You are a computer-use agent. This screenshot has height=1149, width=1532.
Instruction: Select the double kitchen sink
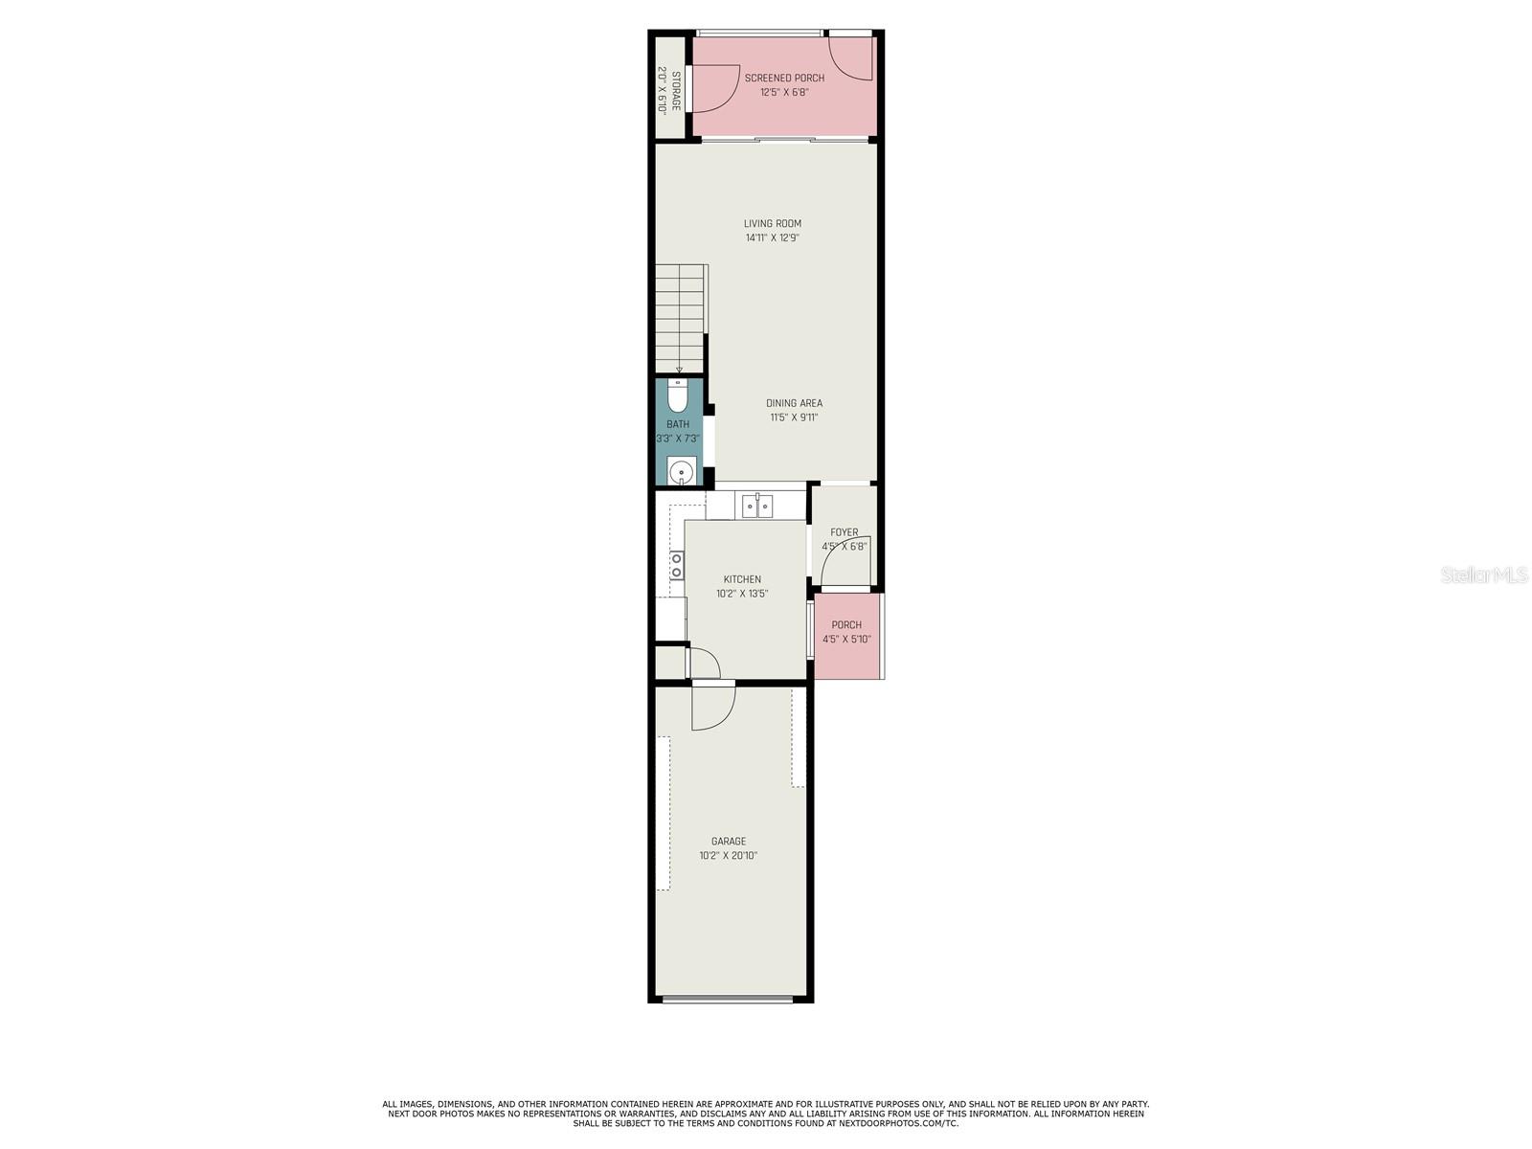(x=756, y=505)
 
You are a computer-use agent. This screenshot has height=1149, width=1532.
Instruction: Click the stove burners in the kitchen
(x=676, y=564)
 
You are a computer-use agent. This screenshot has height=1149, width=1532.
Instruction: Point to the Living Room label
(x=772, y=223)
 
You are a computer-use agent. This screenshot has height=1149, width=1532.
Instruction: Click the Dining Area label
(x=794, y=402)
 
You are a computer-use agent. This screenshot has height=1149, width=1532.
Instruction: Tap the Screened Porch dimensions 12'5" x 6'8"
(x=784, y=91)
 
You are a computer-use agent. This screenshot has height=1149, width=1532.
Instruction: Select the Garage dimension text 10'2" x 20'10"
(x=728, y=855)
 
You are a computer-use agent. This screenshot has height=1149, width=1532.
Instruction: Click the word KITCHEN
(x=742, y=579)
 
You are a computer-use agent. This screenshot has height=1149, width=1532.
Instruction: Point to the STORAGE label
(x=676, y=91)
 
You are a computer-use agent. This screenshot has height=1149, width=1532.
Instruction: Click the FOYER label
(x=844, y=531)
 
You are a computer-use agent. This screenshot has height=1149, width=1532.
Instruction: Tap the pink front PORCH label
(x=845, y=624)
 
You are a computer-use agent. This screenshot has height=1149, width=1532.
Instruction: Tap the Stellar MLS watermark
(x=1484, y=574)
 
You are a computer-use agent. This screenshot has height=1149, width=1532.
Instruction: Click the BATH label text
(x=677, y=423)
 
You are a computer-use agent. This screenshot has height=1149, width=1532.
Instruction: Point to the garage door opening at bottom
(x=728, y=1000)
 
